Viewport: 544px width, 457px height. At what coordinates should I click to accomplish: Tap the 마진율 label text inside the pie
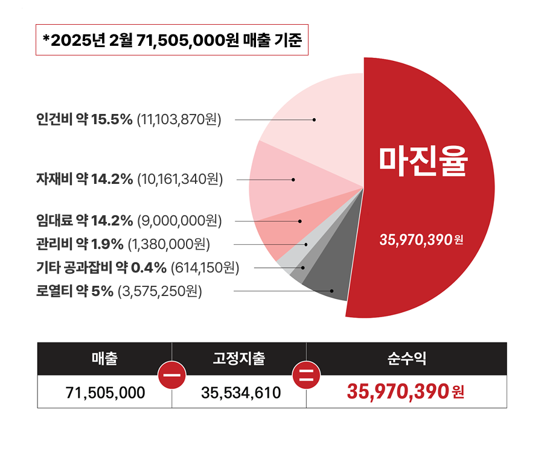point(423,160)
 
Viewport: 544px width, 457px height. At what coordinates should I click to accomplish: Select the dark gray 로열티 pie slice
point(329,280)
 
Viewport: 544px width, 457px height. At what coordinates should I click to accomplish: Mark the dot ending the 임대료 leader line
point(300,221)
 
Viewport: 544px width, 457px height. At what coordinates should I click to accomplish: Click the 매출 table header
point(104,359)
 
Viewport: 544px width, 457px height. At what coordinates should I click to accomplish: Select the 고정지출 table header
point(239,359)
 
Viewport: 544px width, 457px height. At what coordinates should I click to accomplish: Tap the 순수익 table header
point(406,359)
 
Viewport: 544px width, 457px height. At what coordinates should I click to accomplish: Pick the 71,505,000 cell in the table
point(105,392)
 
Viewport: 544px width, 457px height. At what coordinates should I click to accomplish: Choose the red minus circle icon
point(172,375)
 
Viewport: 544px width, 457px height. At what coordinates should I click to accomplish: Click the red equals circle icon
point(307,375)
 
